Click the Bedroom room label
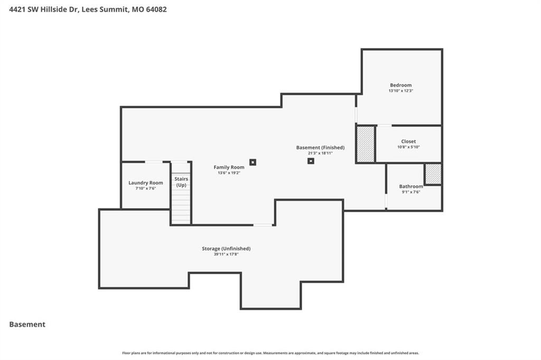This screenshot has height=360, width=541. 400,85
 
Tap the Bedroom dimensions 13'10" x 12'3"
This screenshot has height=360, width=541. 400,91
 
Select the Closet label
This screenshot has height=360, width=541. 408,142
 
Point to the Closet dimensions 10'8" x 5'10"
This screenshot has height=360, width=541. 408,147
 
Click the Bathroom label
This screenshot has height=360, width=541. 411,187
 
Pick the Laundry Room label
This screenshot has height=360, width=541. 146,183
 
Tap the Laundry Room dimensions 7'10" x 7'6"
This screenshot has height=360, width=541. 146,188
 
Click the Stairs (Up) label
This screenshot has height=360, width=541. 181,182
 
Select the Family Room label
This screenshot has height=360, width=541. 229,168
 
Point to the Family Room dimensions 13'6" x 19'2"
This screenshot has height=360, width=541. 229,173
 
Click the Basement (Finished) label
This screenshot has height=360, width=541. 320,147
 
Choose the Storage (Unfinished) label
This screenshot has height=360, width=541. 226,248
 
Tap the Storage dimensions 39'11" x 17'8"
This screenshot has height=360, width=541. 226,254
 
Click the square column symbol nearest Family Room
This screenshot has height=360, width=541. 253,162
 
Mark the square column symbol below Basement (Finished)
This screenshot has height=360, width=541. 311,161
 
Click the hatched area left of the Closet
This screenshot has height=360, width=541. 366,144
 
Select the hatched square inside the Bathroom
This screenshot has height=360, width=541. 433,174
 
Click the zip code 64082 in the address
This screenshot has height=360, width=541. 156,10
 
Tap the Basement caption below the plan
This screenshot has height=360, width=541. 27,325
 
